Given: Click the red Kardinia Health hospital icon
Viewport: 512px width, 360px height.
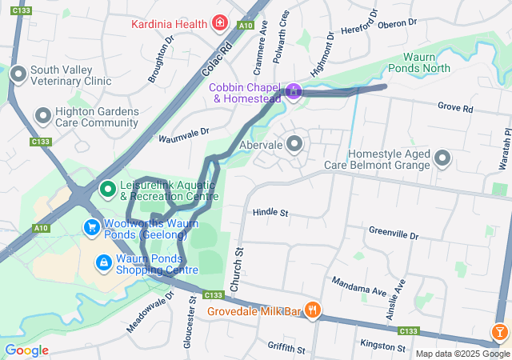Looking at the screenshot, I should (220, 24).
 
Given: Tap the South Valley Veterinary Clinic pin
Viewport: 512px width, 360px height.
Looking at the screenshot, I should (19, 76).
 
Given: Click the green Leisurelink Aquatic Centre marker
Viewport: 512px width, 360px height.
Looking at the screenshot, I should (107, 189).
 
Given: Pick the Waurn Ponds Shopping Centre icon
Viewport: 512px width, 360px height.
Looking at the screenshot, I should (104, 262).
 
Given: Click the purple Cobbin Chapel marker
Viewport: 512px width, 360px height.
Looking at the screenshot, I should (294, 92).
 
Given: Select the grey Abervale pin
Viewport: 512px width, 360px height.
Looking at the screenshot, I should (294, 145).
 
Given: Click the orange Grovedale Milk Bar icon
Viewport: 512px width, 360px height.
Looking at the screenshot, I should (313, 310).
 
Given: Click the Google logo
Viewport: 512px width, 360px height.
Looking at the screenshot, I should (26, 350).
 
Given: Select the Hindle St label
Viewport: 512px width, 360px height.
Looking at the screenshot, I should (270, 213).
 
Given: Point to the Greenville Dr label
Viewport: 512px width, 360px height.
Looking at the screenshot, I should (394, 234).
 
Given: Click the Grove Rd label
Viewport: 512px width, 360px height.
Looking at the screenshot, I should (455, 107).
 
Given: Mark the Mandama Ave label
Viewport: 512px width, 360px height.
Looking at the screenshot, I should (359, 283).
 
